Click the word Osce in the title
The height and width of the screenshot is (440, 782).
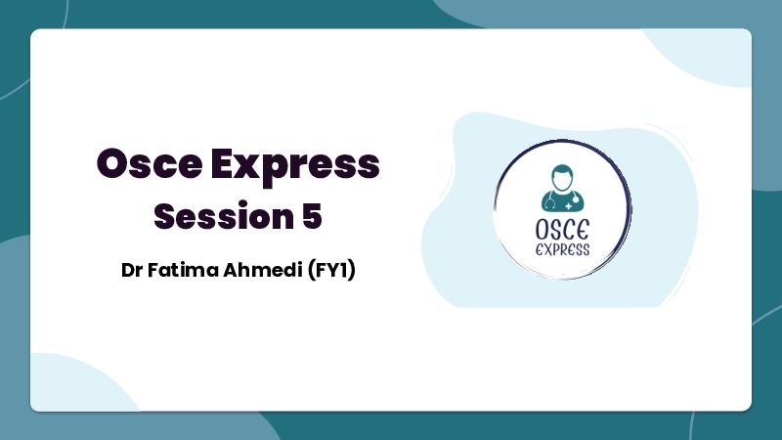click(x=150, y=163)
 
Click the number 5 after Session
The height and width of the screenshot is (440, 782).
click(x=312, y=216)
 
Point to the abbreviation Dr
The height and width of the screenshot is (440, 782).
click(x=132, y=270)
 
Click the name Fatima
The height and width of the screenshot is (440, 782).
click(x=183, y=270)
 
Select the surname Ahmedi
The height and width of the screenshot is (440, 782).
click(x=263, y=270)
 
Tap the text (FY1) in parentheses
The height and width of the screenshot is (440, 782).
click(x=331, y=271)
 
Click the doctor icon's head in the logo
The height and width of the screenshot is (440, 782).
click(x=562, y=178)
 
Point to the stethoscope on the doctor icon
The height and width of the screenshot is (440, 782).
click(x=550, y=201)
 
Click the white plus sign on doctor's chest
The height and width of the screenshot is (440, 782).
click(x=569, y=205)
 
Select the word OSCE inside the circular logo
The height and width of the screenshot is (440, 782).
click(x=563, y=230)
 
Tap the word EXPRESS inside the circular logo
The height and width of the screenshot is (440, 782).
click(x=563, y=249)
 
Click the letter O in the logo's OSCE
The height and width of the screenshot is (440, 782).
click(x=543, y=230)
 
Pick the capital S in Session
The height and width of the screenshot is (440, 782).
click(x=166, y=216)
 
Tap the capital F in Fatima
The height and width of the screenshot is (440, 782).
click(x=153, y=270)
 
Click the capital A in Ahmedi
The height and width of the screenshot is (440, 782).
click(x=232, y=270)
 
